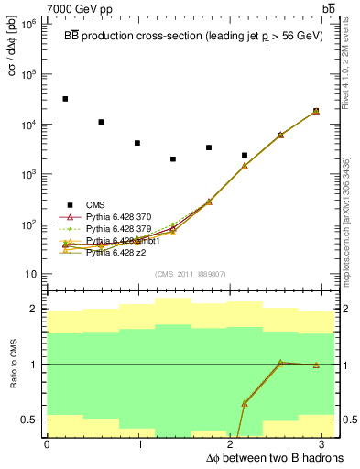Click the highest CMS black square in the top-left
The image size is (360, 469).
65,99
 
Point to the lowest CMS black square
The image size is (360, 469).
173,159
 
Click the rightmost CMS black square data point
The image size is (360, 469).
316,111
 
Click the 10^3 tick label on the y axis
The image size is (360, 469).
27,174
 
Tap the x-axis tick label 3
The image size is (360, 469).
327,445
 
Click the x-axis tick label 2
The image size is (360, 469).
234,445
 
